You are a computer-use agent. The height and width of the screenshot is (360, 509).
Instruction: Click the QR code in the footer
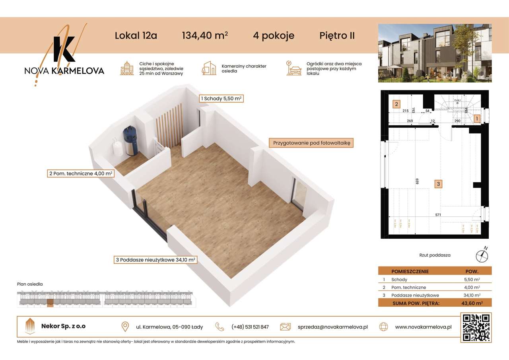coord(476,327)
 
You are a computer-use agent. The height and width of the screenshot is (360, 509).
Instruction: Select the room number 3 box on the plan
coord(438,184)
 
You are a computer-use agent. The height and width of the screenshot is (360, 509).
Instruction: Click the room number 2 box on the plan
coord(396,105)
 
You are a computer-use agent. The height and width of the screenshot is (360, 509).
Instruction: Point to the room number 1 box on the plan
coord(477,118)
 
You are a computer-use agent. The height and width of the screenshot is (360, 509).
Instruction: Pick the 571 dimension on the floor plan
coord(438,215)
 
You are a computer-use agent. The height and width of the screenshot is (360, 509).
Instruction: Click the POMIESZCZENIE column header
coord(410,271)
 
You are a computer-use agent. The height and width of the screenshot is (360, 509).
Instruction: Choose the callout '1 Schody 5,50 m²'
coord(221,98)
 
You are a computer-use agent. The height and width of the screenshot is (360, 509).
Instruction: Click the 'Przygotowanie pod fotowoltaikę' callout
coord(311,143)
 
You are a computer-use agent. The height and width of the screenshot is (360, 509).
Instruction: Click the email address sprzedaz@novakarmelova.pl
coord(332,327)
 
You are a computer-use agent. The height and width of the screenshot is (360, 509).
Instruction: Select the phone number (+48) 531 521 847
coord(250,327)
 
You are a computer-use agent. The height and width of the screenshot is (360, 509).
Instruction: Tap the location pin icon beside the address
coord(125,327)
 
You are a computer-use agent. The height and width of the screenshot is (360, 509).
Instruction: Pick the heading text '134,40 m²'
coord(204,35)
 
